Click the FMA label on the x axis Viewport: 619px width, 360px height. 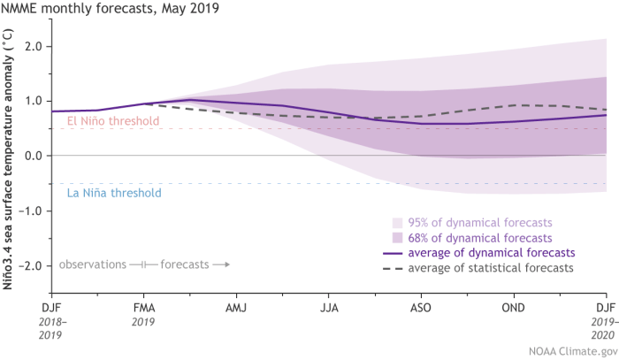click(144, 307)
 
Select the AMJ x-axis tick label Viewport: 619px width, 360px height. click(237, 307)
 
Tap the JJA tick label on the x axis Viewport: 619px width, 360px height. click(329, 307)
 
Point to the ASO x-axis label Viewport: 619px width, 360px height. click(422, 307)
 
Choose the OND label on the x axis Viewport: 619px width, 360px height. click(514, 307)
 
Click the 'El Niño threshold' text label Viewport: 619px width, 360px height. click(113, 121)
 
